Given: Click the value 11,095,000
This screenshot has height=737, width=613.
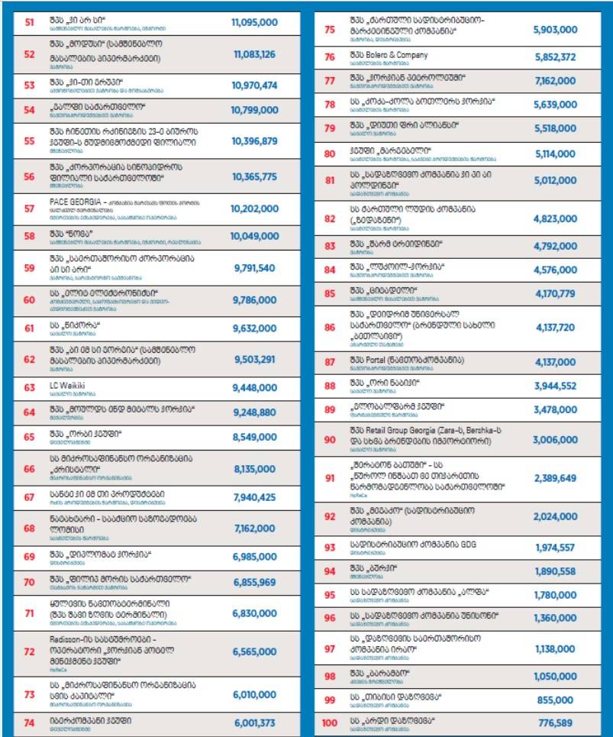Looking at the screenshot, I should coord(254,23).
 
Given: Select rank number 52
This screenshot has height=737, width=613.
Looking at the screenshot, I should coord(30,54).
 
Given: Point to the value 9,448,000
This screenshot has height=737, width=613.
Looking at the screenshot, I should coord(254,387).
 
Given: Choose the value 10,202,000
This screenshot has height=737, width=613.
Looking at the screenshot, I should coord(254,208).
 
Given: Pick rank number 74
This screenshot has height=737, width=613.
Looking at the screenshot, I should coord(30,722).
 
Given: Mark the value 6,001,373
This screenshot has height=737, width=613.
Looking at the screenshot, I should coord(254,722).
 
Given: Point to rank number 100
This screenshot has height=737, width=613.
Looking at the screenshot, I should coord(330,722).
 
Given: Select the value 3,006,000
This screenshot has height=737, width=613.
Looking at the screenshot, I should coord(555,440).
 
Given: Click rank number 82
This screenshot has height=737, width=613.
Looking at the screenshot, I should coord(330,218).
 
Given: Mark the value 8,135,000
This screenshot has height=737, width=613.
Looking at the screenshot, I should coord(254,469).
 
